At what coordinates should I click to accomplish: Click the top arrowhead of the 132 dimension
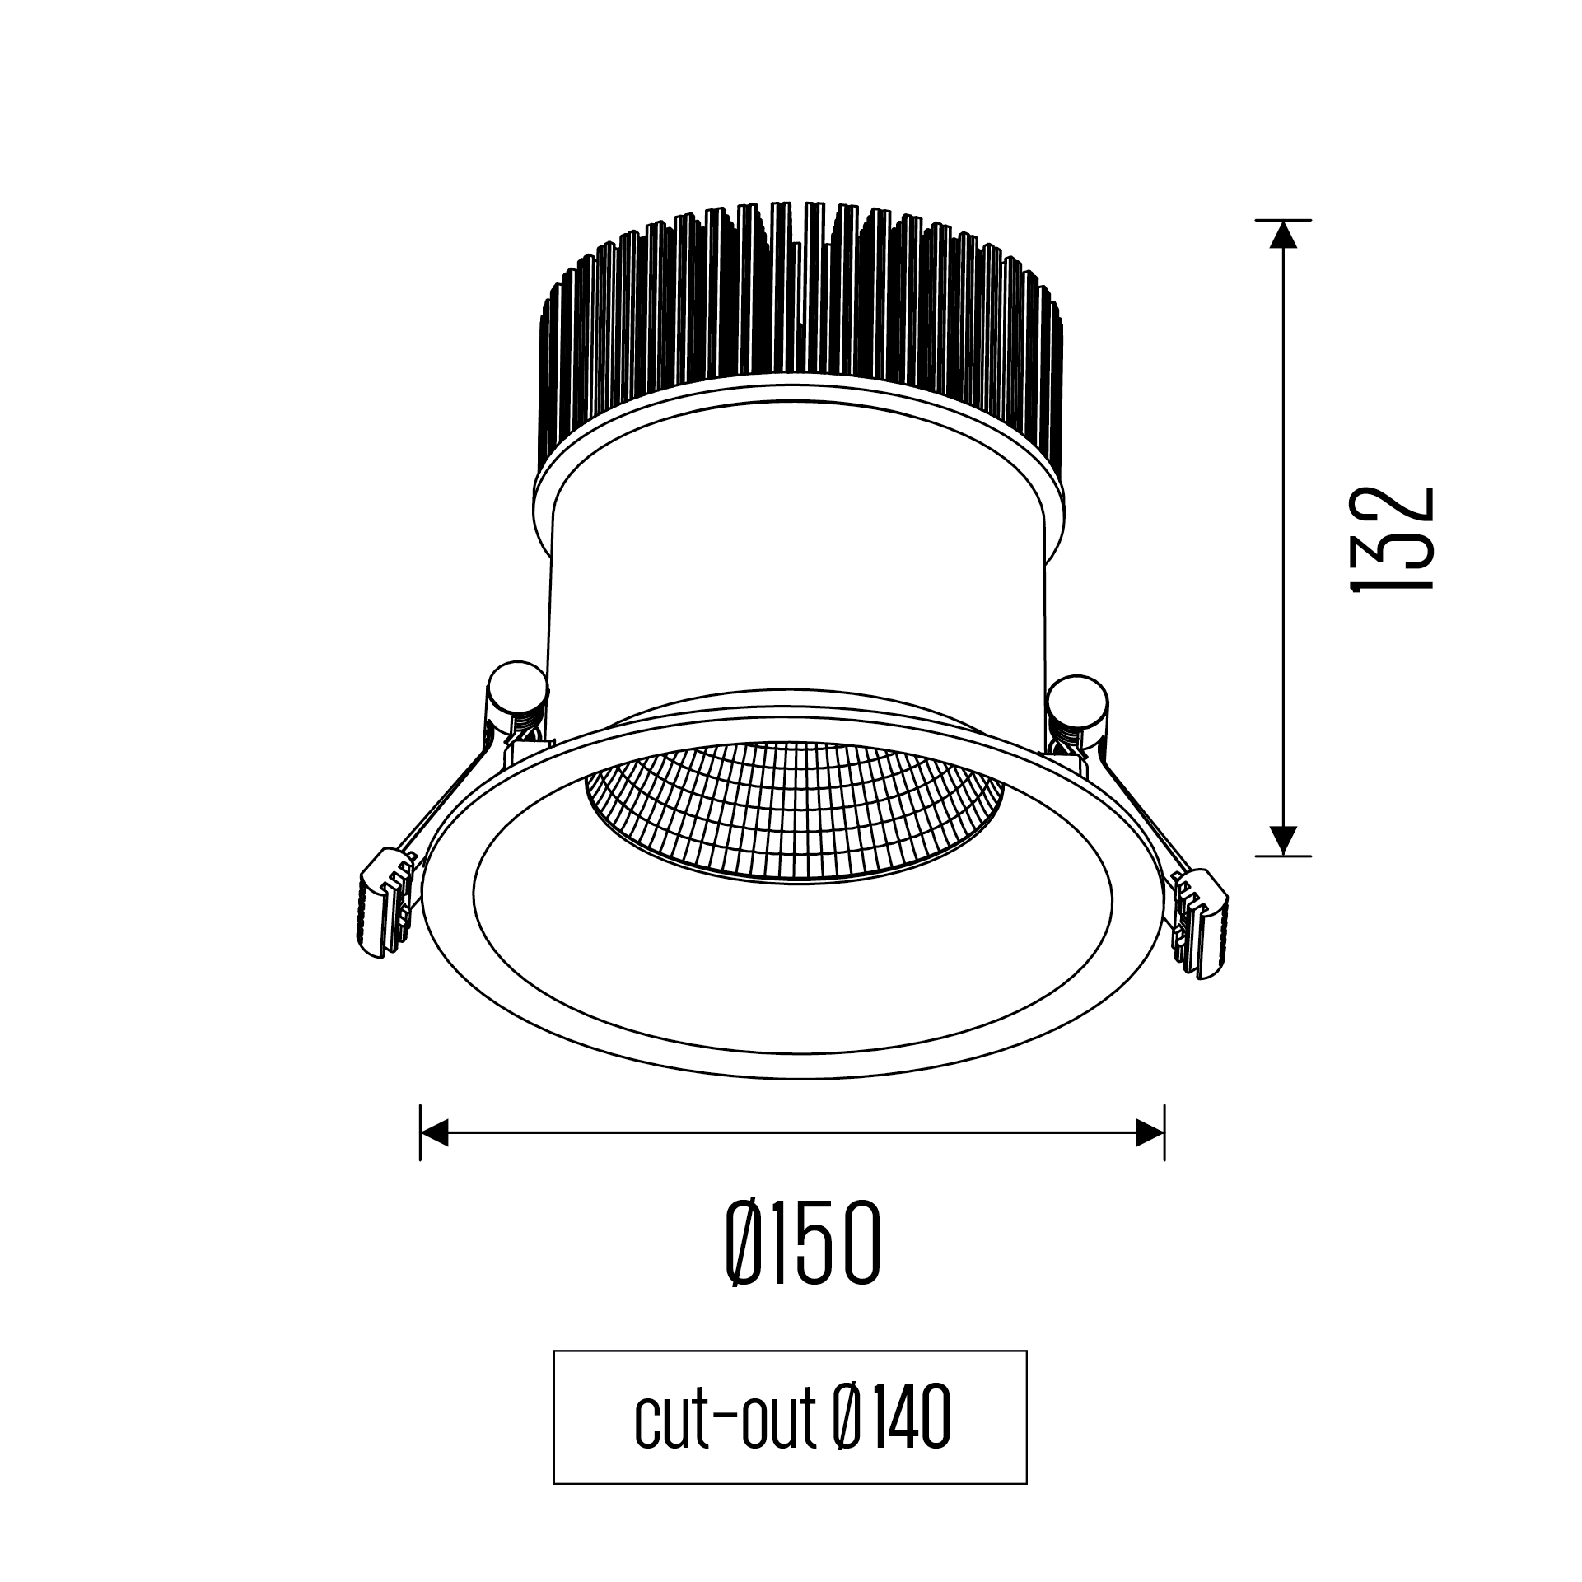[1283, 236]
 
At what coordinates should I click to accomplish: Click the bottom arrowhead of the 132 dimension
[1283, 840]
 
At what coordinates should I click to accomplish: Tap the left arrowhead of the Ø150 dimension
[434, 1132]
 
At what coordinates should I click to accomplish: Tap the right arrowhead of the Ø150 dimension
[1150, 1132]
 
